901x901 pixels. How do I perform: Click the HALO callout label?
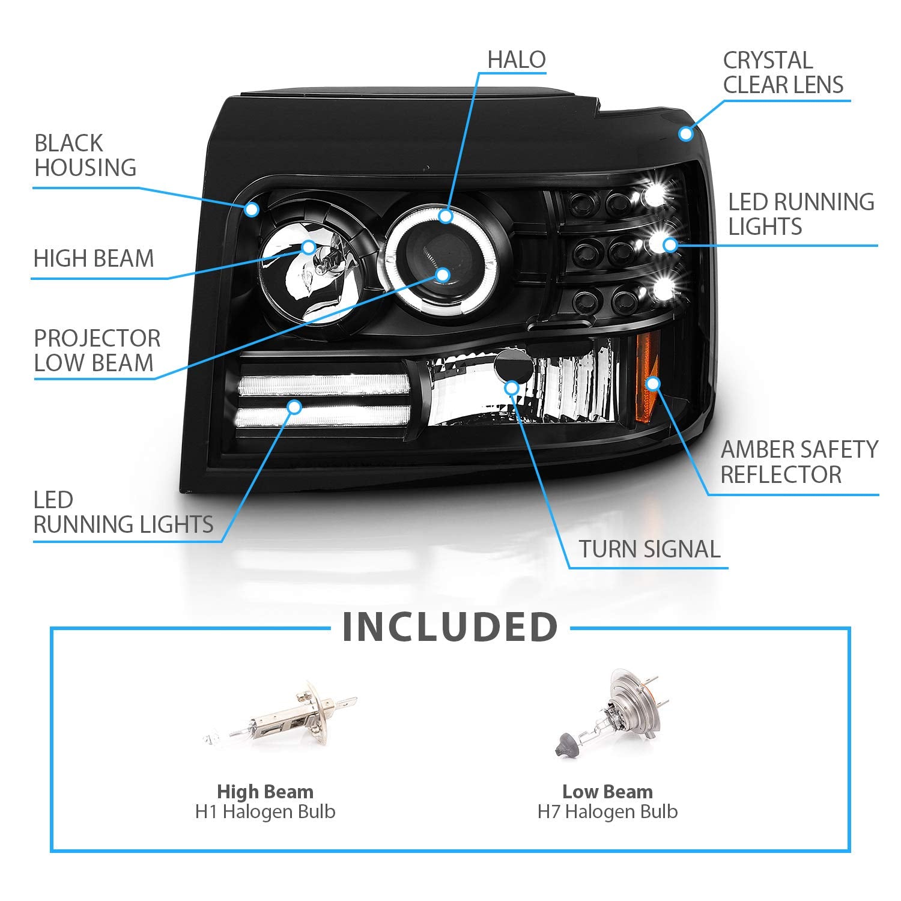(x=516, y=60)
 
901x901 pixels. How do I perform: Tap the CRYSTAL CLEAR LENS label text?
(x=783, y=73)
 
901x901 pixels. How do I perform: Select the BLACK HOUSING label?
(x=85, y=156)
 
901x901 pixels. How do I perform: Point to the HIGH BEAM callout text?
(x=94, y=259)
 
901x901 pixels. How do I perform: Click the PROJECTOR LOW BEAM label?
(x=97, y=351)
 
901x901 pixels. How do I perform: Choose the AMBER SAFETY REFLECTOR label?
(x=799, y=462)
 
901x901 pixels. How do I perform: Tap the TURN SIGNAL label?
(x=649, y=549)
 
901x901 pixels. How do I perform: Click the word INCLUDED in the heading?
(x=450, y=627)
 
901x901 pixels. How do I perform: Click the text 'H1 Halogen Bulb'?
(x=265, y=812)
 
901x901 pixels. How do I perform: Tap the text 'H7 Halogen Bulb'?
(x=607, y=812)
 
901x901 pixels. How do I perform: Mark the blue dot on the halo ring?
(x=445, y=216)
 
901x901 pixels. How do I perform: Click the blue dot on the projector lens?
(x=443, y=275)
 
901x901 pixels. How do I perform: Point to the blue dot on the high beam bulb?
(x=309, y=247)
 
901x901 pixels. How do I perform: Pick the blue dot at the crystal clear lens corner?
(x=686, y=133)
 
